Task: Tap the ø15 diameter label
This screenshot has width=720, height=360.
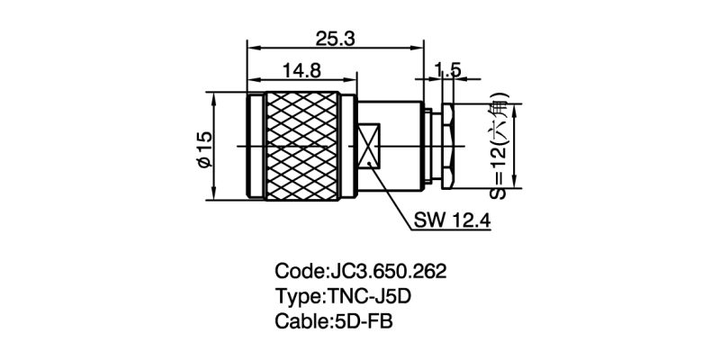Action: [203, 148]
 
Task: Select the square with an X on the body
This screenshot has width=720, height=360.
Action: [370, 148]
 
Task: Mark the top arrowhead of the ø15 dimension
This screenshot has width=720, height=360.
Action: [214, 96]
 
